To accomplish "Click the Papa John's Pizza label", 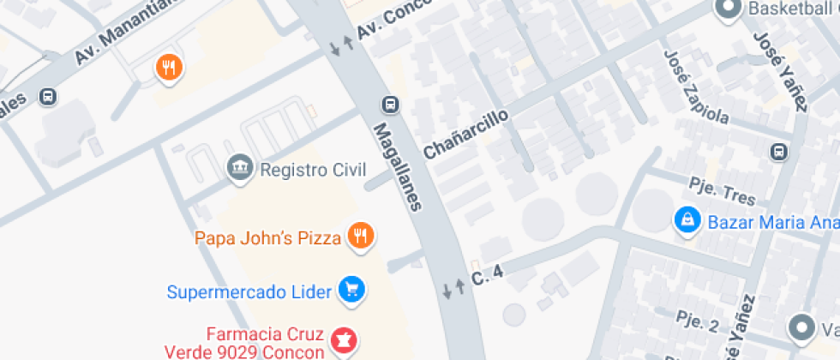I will coord(267,237).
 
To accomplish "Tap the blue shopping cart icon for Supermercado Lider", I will coord(351,290).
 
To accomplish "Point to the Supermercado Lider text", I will coord(249,292).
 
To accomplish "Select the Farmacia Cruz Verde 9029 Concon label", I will coord(264,342).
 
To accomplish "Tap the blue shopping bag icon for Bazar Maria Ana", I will coord(687,221).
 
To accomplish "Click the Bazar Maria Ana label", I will coord(771,223).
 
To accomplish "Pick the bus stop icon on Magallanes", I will coord(390,105).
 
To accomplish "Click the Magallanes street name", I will coord(399,165).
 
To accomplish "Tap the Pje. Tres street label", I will coord(723,191).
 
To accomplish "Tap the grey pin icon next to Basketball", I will coord(729,9).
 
